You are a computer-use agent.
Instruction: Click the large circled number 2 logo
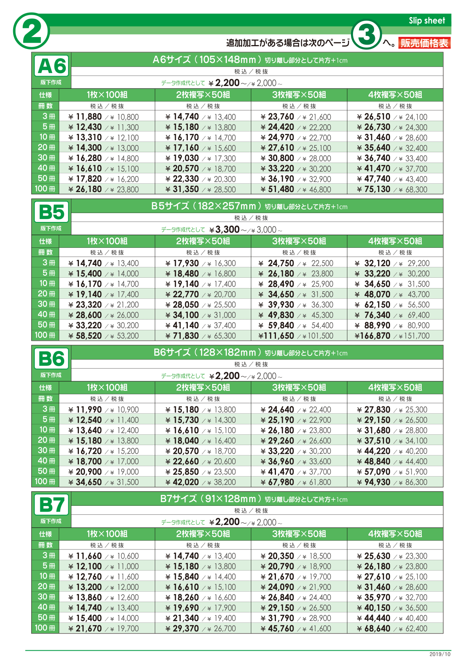32,31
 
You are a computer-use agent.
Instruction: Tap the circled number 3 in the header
367,35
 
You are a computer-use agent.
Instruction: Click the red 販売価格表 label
424,43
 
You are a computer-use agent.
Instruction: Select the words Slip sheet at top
427,21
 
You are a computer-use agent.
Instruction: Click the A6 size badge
51,66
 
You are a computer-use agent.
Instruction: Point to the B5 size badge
51,212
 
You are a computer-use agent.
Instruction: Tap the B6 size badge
51,359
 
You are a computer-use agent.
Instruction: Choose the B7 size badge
51,505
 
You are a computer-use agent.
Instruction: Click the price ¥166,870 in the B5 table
373,336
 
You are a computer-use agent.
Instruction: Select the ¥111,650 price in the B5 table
276,336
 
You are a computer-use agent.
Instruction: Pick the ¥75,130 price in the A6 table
374,189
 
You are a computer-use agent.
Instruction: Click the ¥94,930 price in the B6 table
374,482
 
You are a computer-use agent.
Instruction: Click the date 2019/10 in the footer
440,654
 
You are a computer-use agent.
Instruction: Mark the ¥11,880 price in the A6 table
85,117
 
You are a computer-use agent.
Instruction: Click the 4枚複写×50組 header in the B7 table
395,534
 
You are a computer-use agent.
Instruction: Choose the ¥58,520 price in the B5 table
85,336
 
